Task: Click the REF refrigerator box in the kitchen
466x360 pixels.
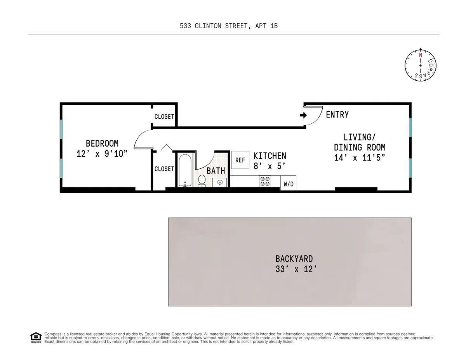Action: click(240, 160)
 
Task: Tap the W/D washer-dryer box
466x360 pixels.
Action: click(288, 183)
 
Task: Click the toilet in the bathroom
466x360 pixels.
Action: click(202, 181)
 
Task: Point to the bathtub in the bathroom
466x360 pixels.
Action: click(185, 170)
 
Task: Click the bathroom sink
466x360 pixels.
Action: click(220, 183)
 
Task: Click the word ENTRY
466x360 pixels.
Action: click(337, 115)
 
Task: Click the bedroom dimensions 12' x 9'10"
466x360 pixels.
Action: click(102, 154)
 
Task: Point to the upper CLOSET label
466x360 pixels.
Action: click(164, 117)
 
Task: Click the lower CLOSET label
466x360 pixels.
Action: click(164, 169)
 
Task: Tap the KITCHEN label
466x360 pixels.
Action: click(270, 156)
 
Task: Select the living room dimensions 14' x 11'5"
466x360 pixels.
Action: click(359, 158)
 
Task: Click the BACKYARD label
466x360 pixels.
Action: click(294, 258)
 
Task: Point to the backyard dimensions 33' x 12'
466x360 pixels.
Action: click(294, 269)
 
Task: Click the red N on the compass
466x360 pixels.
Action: click(420, 55)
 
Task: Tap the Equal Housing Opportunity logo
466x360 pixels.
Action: click(36, 337)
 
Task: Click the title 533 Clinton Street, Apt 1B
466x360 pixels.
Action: click(229, 26)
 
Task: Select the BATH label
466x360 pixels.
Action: click(216, 171)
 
